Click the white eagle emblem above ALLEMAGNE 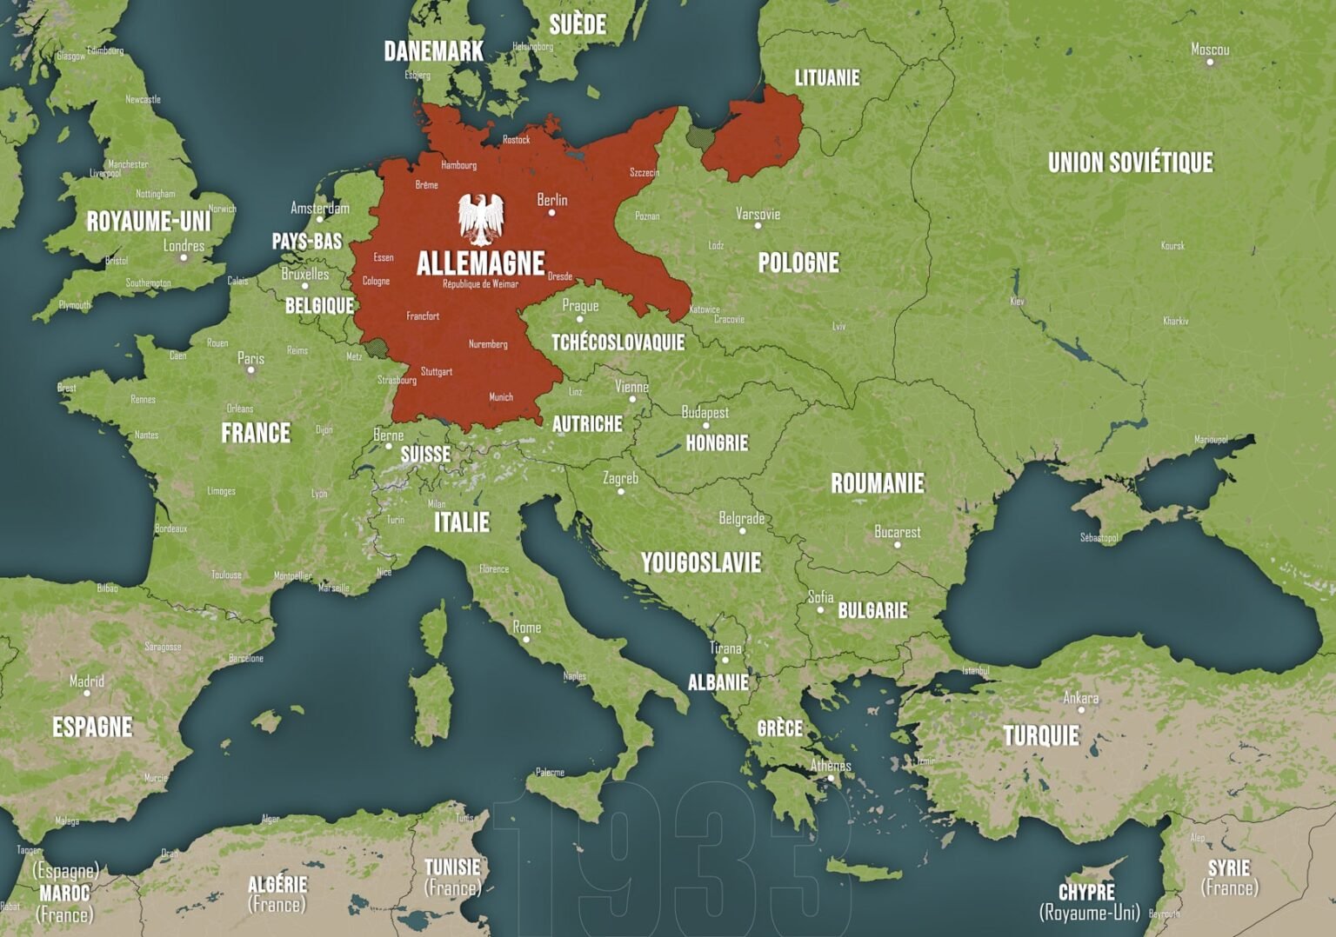481,219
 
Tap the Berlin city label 552,200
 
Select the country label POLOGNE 798,262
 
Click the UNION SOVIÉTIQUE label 1130,163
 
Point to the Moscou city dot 1210,62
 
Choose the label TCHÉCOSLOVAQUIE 618,342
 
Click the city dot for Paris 251,370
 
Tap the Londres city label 184,246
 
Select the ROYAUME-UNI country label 149,222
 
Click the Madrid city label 87,681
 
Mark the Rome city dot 525,640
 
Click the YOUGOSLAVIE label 701,563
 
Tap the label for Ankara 1080,698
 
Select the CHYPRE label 1086,893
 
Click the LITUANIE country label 826,78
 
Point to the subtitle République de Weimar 480,284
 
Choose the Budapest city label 705,412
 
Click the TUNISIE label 452,867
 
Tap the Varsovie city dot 758,226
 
